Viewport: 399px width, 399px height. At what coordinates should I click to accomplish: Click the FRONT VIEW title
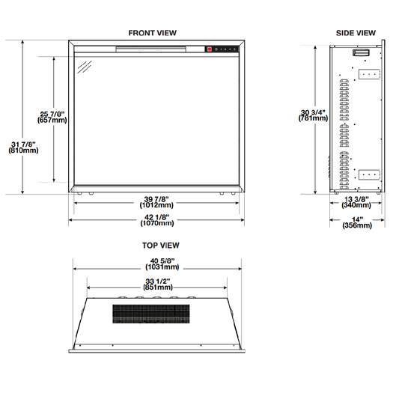tap(152, 33)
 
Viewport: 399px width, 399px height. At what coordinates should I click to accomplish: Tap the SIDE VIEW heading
tap(356, 33)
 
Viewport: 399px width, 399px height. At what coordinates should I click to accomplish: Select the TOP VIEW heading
tap(160, 246)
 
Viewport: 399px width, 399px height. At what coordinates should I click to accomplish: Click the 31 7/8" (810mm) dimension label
tap(23, 147)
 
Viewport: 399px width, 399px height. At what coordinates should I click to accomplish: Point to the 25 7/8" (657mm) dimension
tap(52, 117)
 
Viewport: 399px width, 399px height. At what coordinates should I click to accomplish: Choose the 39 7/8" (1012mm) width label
tap(156, 202)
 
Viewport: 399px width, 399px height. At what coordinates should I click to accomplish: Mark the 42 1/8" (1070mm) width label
tap(157, 220)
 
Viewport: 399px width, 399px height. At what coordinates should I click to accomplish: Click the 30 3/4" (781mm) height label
tap(313, 115)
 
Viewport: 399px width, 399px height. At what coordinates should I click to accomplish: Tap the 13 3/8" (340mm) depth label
tap(356, 202)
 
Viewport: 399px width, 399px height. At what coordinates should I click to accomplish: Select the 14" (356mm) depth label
tap(357, 222)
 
